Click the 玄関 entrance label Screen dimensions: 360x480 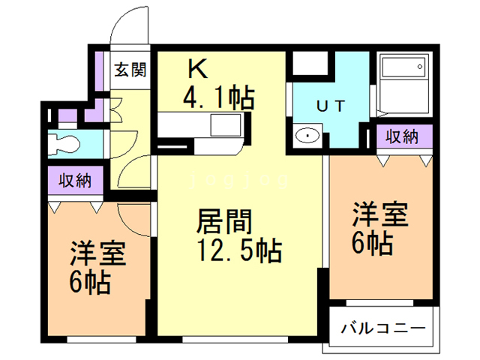(x=129, y=71)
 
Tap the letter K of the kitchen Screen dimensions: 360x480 (x=197, y=69)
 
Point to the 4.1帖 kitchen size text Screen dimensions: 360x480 (x=218, y=97)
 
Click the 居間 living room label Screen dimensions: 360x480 (x=223, y=222)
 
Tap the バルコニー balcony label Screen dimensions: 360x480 (x=383, y=328)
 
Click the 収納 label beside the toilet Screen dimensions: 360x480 (x=75, y=180)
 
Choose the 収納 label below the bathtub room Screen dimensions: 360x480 (x=401, y=136)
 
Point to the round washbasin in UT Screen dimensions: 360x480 (x=307, y=135)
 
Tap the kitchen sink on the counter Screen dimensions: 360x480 (x=223, y=124)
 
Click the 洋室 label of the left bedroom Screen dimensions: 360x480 (x=98, y=254)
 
